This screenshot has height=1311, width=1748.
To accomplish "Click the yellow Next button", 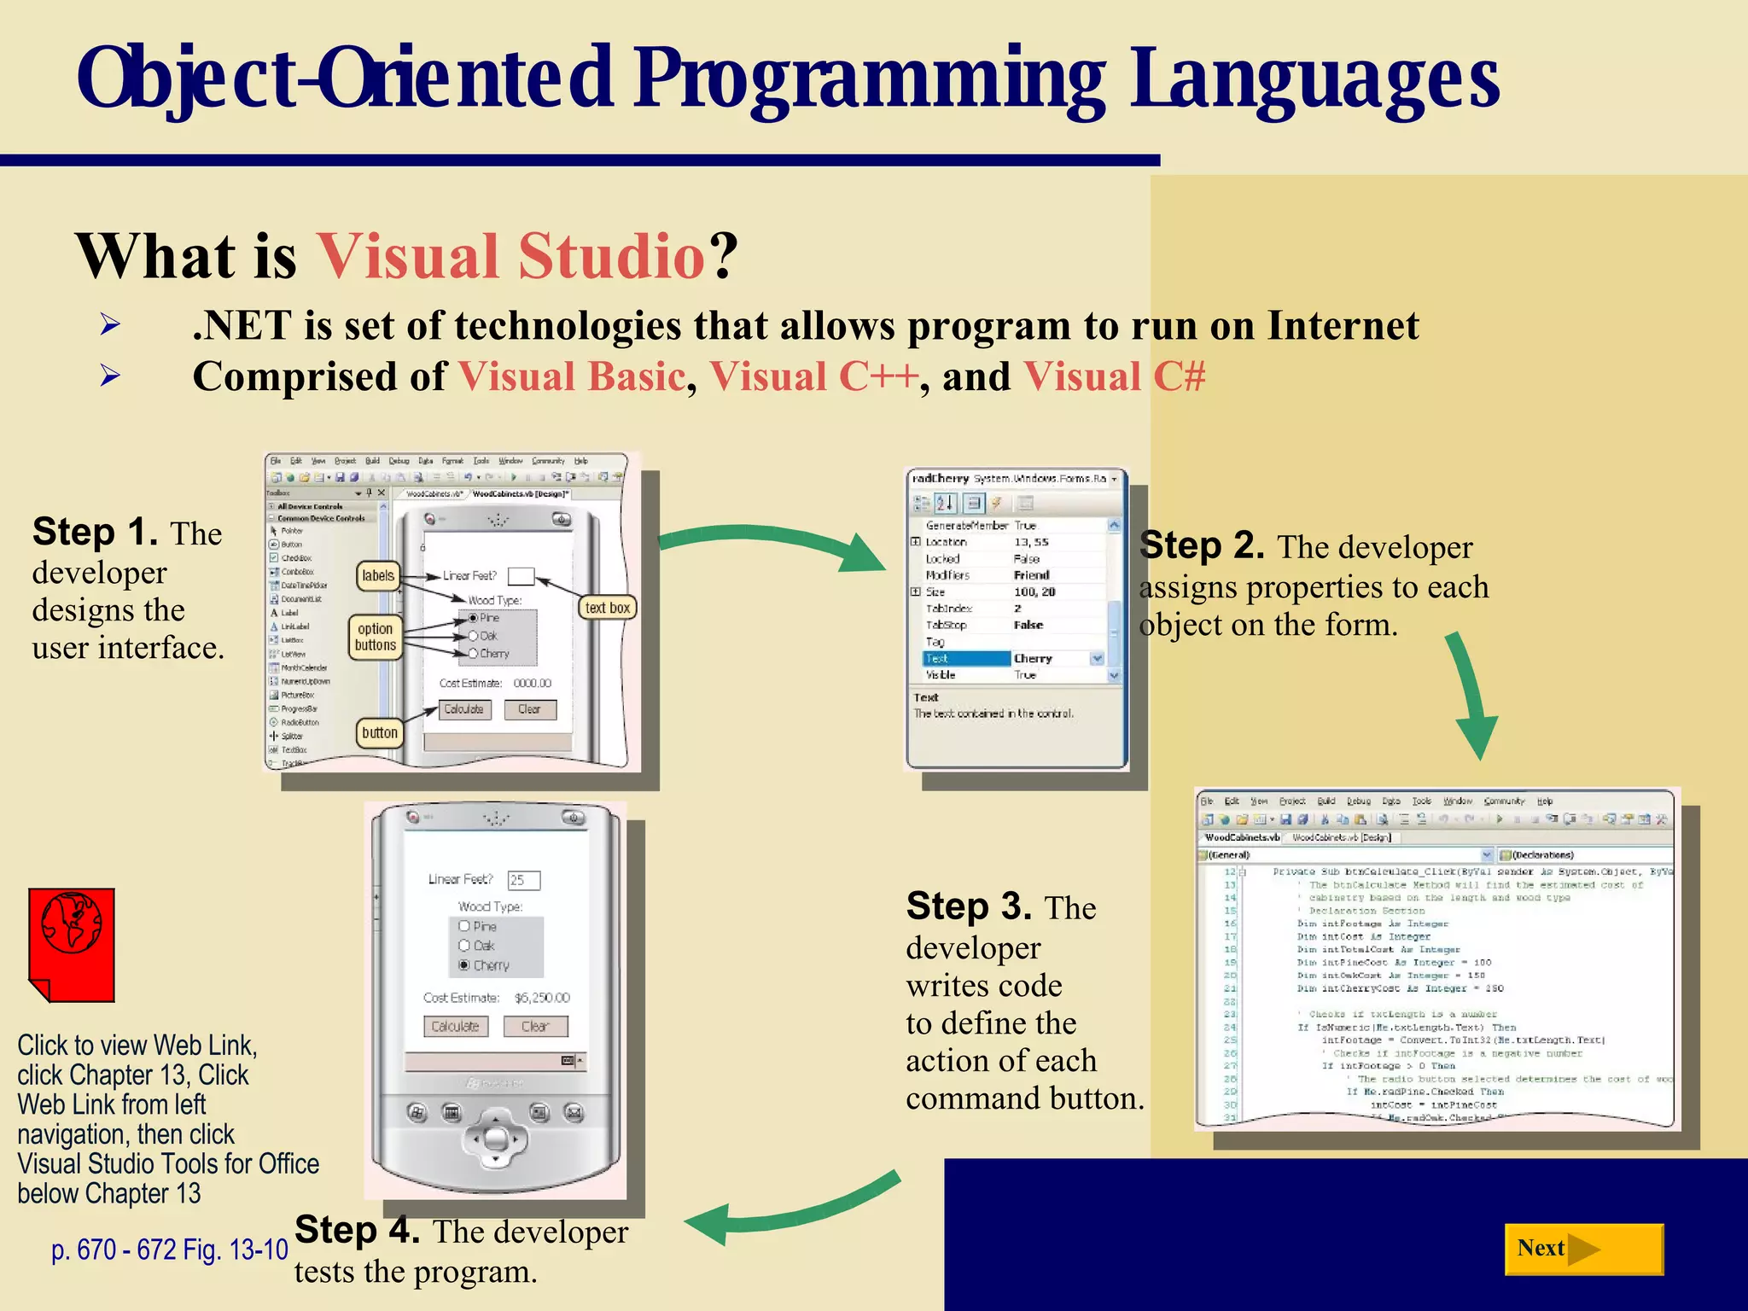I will pos(1582,1249).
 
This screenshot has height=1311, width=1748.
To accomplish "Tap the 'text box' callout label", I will pos(608,608).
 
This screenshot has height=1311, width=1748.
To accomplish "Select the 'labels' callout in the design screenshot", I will pos(378,575).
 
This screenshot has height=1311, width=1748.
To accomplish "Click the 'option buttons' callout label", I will pos(376,637).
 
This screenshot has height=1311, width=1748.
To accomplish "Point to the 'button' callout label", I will pos(380,732).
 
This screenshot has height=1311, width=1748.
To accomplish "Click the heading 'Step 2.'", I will pos(1202,545).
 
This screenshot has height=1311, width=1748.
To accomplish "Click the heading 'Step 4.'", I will pos(357,1230).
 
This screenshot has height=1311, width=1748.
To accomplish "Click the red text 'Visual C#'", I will pos(1114,376).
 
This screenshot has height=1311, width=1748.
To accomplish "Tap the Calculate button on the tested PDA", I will pos(456,1026).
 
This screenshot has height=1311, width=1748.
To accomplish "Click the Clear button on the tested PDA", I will pos(535,1026).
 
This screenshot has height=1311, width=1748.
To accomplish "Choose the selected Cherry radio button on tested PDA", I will pos(464,964).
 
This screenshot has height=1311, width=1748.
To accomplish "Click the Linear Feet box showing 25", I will pos(523,880).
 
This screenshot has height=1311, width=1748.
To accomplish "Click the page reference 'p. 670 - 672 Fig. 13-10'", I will pos(169,1250).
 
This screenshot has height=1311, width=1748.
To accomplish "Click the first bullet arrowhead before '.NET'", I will pos(109,324).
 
